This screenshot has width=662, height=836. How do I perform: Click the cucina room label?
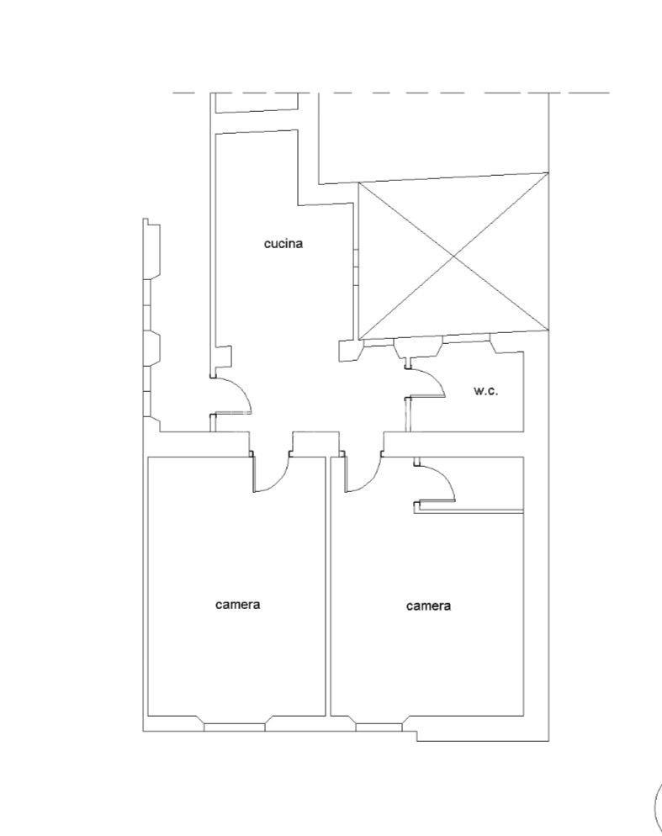pyautogui.click(x=283, y=244)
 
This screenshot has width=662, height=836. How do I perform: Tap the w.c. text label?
pyautogui.click(x=485, y=390)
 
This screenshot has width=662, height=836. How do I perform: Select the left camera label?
pyautogui.click(x=237, y=604)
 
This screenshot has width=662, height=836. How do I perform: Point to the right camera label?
pyautogui.click(x=428, y=606)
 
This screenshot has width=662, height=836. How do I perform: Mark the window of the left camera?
pyautogui.click(x=235, y=728)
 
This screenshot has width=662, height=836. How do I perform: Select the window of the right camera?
pyautogui.click(x=379, y=728)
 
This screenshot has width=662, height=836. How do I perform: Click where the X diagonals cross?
pyautogui.click(x=454, y=257)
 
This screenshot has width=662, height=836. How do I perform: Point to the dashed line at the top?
pyautogui.click(x=391, y=93)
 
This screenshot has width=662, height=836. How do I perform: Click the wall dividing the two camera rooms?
pyautogui.click(x=328, y=586)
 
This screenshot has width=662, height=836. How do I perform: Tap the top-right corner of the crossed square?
pyautogui.click(x=548, y=172)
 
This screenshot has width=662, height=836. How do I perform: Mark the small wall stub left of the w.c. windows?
pyautogui.click(x=349, y=352)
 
